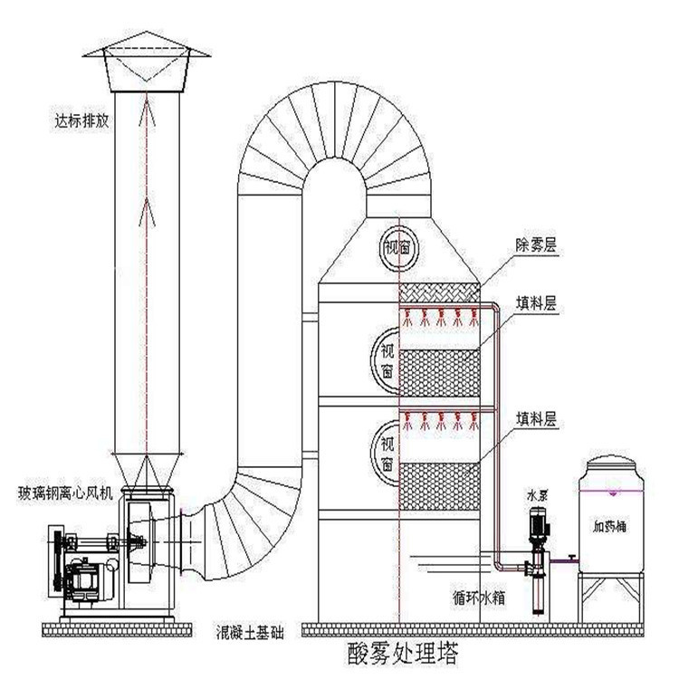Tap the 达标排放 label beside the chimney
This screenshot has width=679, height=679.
click(x=81, y=119)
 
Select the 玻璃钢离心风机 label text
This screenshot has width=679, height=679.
click(x=65, y=493)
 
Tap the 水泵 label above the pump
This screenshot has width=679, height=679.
click(x=538, y=497)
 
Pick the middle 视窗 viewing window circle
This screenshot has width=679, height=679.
click(x=387, y=358)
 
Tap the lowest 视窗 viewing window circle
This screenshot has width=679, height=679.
click(x=387, y=446)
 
